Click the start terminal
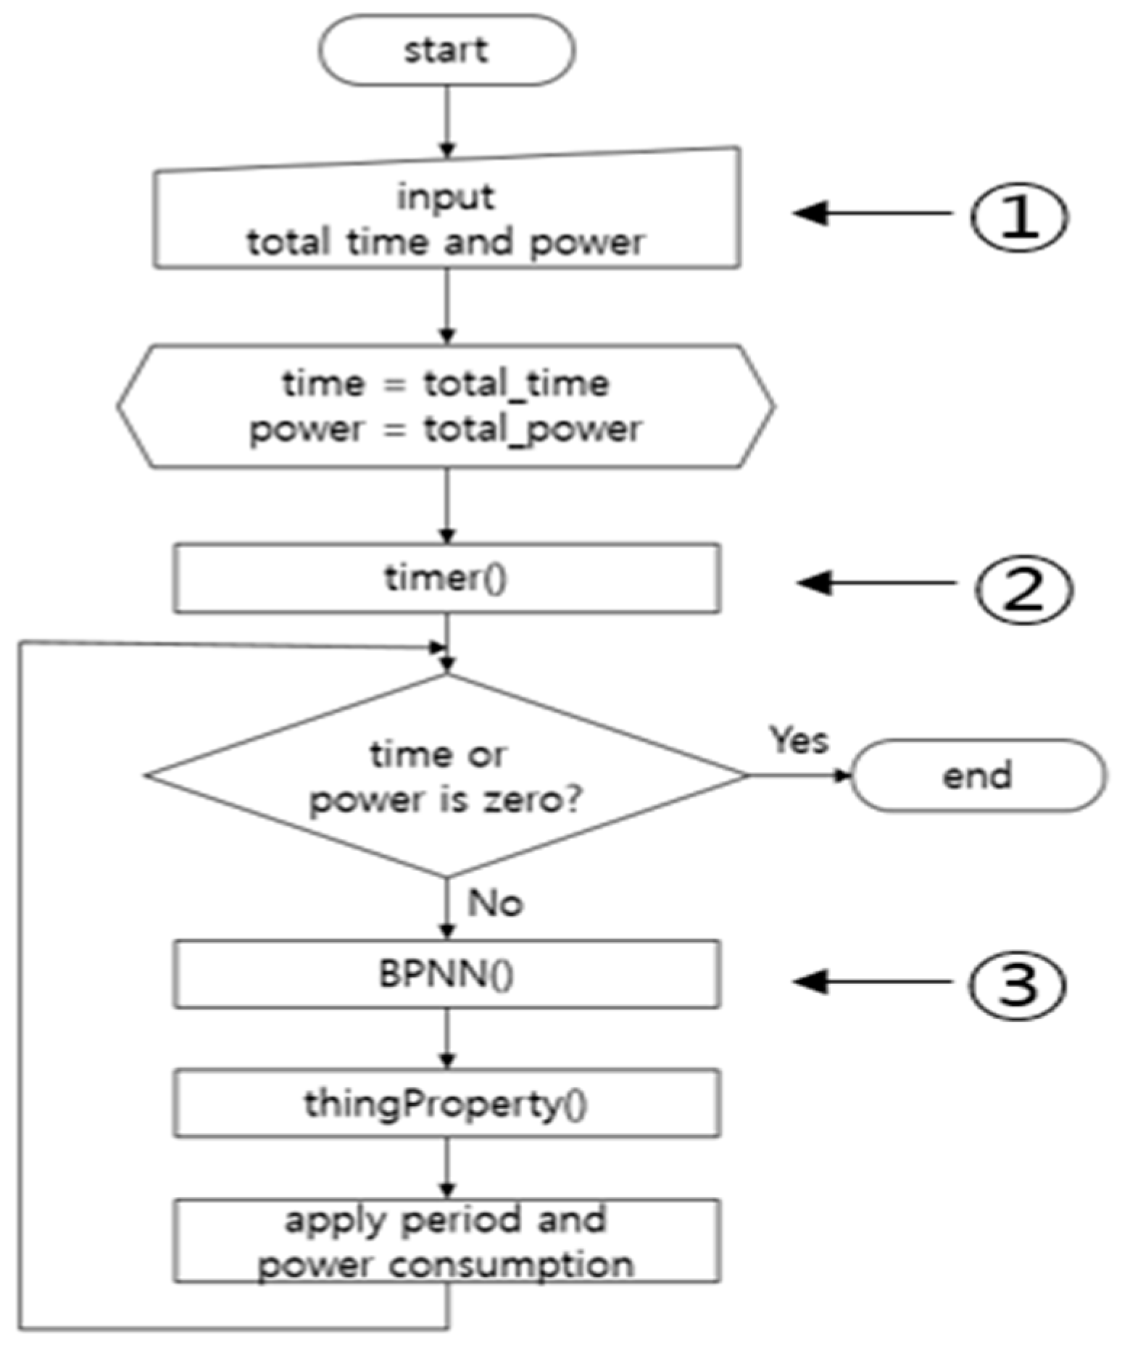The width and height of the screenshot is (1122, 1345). (446, 51)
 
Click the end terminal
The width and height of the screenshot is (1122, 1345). (977, 775)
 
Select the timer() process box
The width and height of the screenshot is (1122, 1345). (446, 578)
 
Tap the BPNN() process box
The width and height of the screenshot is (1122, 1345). (446, 974)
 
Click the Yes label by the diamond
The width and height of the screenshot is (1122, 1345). (799, 740)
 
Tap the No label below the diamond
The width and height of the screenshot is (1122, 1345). (495, 903)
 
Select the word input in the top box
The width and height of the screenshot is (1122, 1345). (446, 196)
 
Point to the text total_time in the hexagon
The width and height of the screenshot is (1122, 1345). (516, 383)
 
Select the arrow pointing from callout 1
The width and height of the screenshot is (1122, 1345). (870, 213)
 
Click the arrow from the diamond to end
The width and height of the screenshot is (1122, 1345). (797, 775)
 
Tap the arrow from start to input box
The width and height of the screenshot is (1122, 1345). (446, 120)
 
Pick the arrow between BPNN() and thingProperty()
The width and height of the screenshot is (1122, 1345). (446, 1038)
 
